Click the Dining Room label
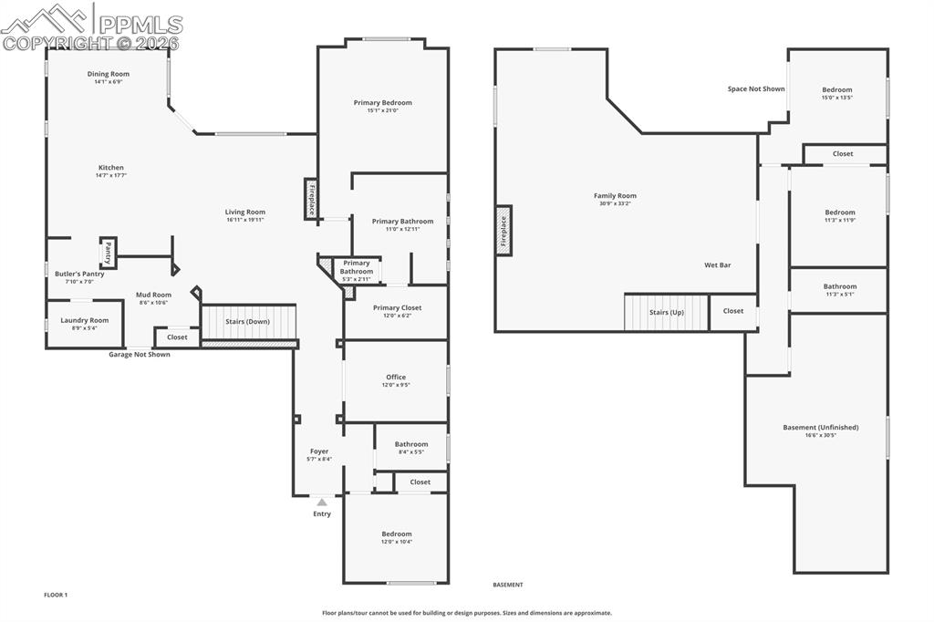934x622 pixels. coord(109,74)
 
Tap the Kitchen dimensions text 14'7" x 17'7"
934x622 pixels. coord(111,175)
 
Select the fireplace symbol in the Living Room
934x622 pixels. coord(311,199)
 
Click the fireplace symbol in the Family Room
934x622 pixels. coord(503,231)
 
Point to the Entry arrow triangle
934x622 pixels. coord(322,502)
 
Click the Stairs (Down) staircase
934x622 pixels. coord(248,322)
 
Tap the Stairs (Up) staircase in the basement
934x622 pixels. coord(666,312)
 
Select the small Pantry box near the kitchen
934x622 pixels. coord(108,252)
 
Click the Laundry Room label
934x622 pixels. coord(85,320)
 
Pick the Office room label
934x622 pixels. coord(396,377)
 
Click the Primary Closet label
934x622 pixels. coord(397,307)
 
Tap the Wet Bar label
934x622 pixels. coord(717,265)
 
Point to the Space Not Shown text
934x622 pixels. coord(756,89)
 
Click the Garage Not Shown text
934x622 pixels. coord(140,355)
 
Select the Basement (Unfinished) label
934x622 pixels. coord(821,427)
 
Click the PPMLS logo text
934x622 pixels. coord(139,25)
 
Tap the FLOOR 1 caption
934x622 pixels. coord(56,595)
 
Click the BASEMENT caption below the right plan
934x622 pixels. coord(508,585)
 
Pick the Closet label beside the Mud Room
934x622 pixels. coord(177,337)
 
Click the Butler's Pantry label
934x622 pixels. coord(79,274)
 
